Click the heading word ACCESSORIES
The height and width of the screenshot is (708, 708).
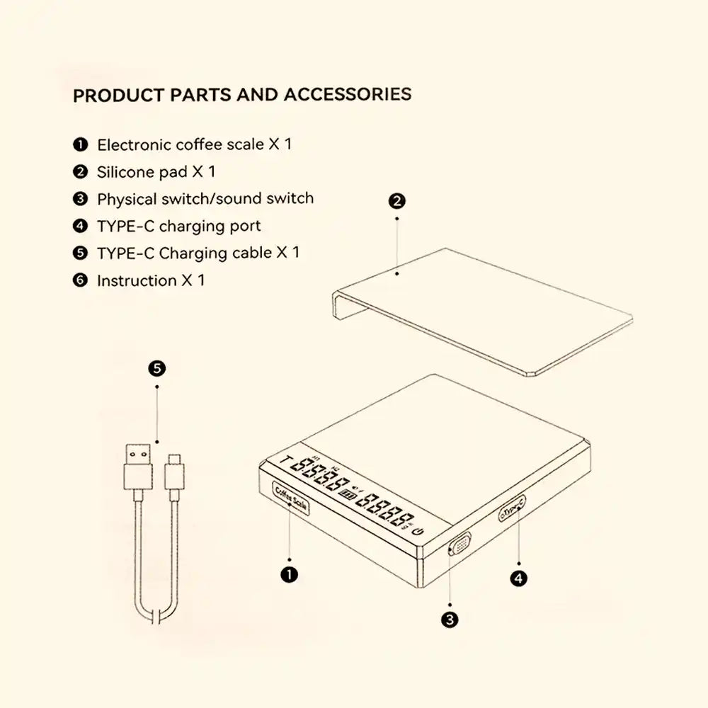[x=348, y=95]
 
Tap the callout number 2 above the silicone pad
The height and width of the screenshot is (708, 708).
[x=397, y=201]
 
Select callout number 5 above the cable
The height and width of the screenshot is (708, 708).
[x=157, y=368]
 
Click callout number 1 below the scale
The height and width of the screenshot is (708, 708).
[x=289, y=574]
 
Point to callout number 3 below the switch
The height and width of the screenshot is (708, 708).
[x=449, y=620]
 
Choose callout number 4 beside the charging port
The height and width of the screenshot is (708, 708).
[x=518, y=578]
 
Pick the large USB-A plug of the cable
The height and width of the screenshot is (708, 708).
[x=137, y=467]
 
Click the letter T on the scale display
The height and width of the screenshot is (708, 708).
[x=285, y=464]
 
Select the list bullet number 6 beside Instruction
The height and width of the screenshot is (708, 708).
[x=80, y=280]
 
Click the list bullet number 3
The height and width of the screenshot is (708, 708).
[x=80, y=199]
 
